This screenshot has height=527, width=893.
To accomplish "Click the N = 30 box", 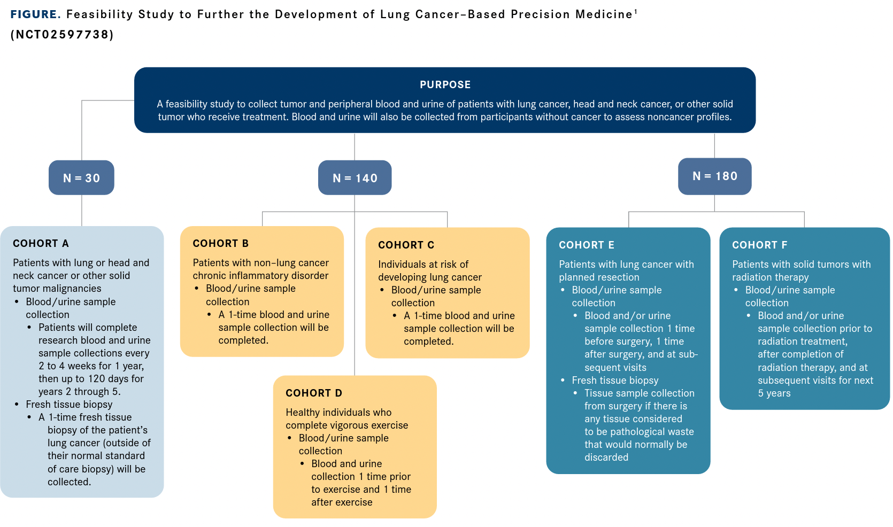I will tap(81, 178).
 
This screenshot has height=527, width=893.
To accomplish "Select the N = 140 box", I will tap(355, 178).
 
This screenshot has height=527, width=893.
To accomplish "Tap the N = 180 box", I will tap(714, 176).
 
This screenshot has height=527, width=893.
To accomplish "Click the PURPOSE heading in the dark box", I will tap(445, 84).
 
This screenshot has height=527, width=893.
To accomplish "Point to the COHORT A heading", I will tap(41, 243).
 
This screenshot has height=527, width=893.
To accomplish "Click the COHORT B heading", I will tap(220, 243).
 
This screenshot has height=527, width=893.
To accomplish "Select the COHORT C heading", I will tap(406, 245).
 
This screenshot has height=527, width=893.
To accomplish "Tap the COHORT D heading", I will tap(313, 393).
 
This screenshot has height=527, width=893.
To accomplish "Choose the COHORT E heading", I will tap(586, 245).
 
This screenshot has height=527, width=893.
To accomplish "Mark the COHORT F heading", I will tap(759, 245).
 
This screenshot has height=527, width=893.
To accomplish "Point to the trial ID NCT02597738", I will tap(62, 35).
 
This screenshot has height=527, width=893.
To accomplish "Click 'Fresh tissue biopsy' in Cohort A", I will tap(69, 404).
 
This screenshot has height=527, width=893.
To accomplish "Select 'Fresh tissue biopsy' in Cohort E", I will tap(615, 380).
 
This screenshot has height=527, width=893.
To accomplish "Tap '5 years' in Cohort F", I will tap(774, 393).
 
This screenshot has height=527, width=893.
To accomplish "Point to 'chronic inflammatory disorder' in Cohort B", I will tap(260, 275).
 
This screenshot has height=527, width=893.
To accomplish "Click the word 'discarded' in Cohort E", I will tap(606, 457).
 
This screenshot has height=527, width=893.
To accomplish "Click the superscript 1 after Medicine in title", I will tap(635, 12).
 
